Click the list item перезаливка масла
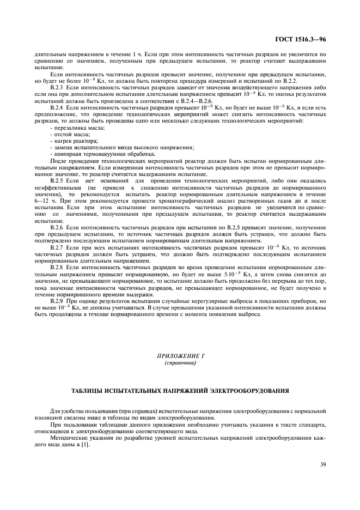(x=75, y=127)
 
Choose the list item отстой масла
(x=68, y=133)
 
